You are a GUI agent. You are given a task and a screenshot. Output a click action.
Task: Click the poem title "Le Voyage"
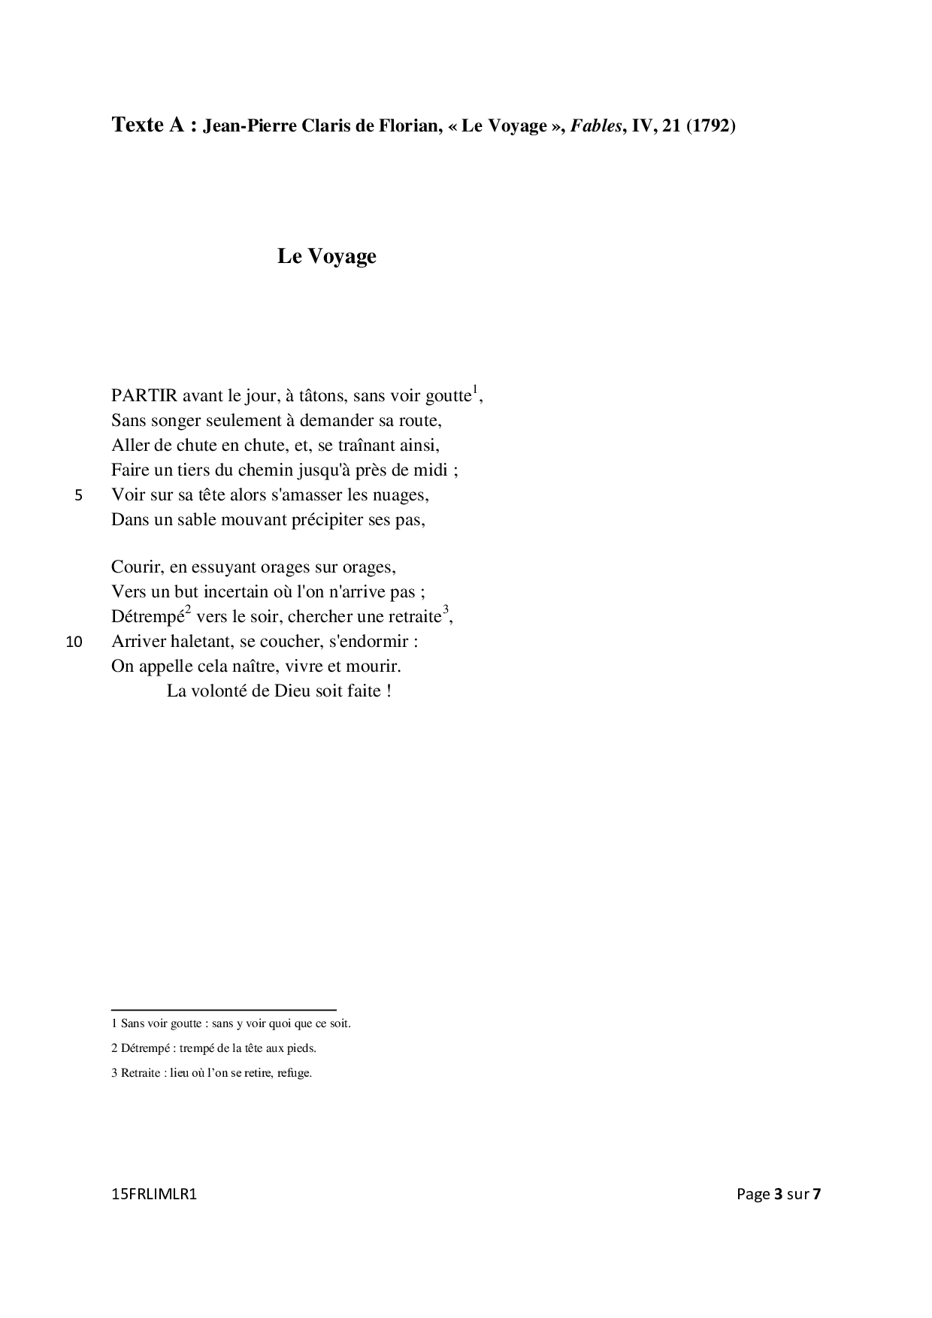326,256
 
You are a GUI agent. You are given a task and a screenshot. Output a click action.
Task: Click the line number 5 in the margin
79,496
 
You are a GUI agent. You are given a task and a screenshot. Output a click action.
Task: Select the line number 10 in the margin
74,642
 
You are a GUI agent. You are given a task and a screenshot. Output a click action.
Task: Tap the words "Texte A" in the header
148,125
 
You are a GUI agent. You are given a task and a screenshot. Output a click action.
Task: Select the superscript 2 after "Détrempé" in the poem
189,609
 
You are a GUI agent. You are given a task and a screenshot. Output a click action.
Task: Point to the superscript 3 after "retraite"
446,609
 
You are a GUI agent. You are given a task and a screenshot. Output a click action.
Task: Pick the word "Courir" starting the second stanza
136,567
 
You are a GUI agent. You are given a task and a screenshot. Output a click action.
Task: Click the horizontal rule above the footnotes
223,1010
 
